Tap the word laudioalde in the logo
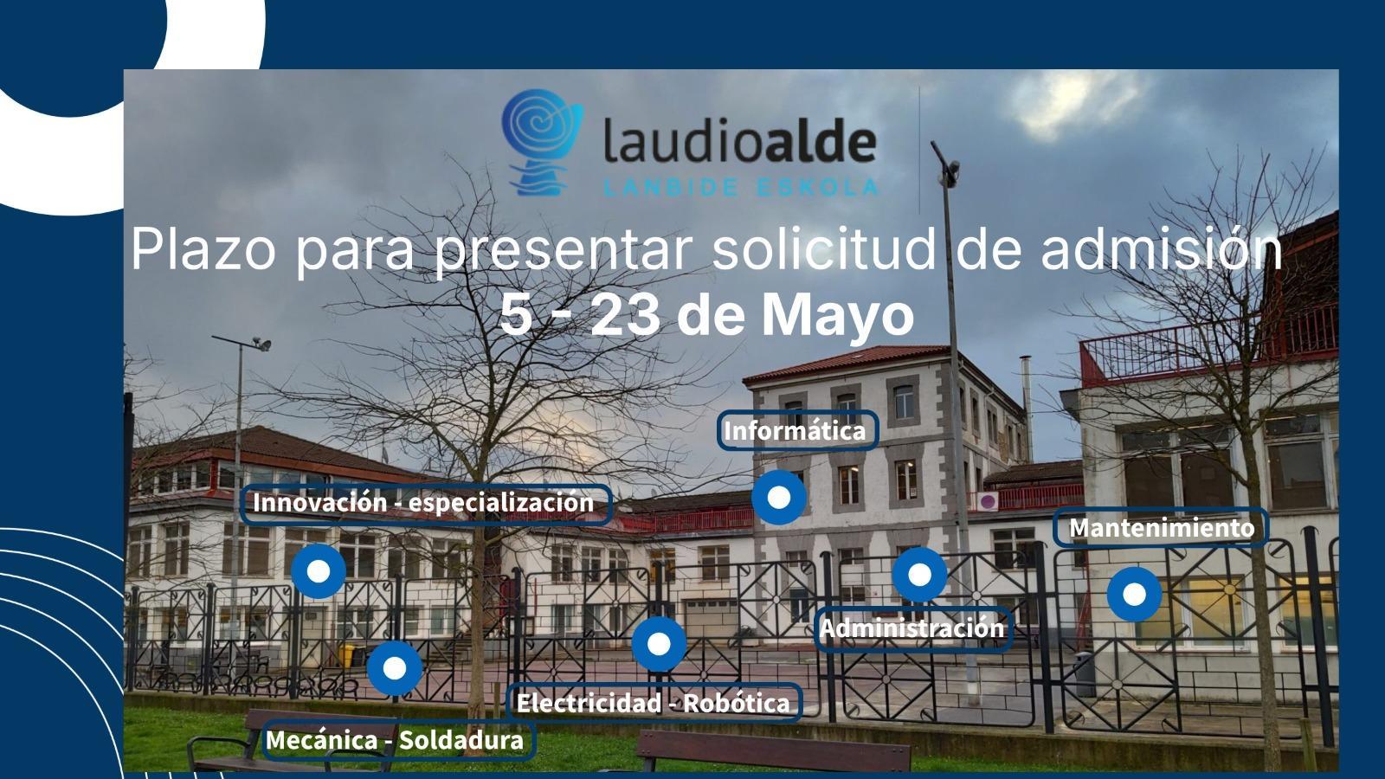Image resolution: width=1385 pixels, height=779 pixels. pos(739,142)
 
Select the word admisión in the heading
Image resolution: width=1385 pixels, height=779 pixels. pos(1161,248)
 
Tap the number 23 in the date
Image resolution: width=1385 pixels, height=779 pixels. pos(625,315)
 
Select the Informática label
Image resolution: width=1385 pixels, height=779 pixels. pos(796,431)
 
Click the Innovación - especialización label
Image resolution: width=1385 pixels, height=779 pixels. pos(425,503)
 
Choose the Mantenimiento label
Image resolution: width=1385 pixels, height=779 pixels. pos(1161,527)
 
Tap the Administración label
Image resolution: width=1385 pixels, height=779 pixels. pos(912,628)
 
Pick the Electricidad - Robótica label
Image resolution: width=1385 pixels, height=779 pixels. pos(654,703)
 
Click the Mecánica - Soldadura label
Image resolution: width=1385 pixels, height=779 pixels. pos(396,740)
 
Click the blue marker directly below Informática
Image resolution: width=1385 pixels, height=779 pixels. pos(779,497)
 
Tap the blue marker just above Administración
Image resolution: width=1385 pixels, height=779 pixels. pos(919,575)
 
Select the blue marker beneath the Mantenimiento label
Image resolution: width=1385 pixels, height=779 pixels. pos(1134,594)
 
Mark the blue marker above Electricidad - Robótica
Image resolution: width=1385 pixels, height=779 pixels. pos(659,644)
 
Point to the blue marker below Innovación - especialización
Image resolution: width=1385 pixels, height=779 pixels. pos(319,571)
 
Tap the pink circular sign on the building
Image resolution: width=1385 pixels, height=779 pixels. pos(988,501)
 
